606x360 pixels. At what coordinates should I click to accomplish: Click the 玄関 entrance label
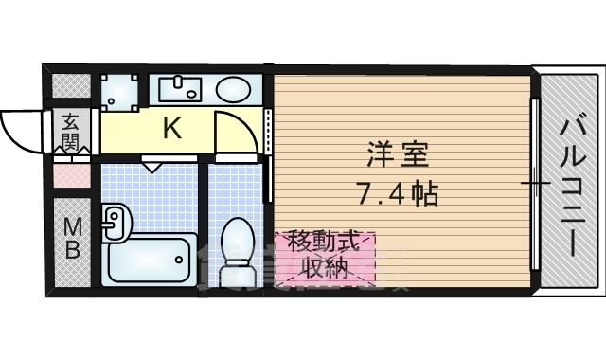tap(72, 131)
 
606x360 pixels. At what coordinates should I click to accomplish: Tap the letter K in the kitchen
tap(172, 128)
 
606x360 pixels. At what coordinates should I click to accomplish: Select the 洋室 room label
tap(398, 154)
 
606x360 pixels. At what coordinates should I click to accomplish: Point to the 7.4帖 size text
tap(399, 193)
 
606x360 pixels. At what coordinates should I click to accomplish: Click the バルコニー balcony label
tap(573, 188)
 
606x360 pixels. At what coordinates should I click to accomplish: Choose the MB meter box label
tap(72, 239)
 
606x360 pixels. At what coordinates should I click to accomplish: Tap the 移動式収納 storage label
tap(325, 255)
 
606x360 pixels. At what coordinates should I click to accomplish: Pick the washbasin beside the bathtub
tap(116, 222)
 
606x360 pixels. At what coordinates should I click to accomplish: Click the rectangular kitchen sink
tap(181, 88)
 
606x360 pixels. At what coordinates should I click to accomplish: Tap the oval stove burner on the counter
tap(233, 89)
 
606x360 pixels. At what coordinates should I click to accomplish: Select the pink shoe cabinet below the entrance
tap(72, 176)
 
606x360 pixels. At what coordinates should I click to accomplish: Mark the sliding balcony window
tap(535, 184)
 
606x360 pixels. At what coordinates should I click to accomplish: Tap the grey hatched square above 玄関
tap(72, 85)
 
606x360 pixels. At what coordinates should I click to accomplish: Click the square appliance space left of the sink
tap(120, 93)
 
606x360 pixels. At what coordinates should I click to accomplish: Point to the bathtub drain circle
tap(179, 260)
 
